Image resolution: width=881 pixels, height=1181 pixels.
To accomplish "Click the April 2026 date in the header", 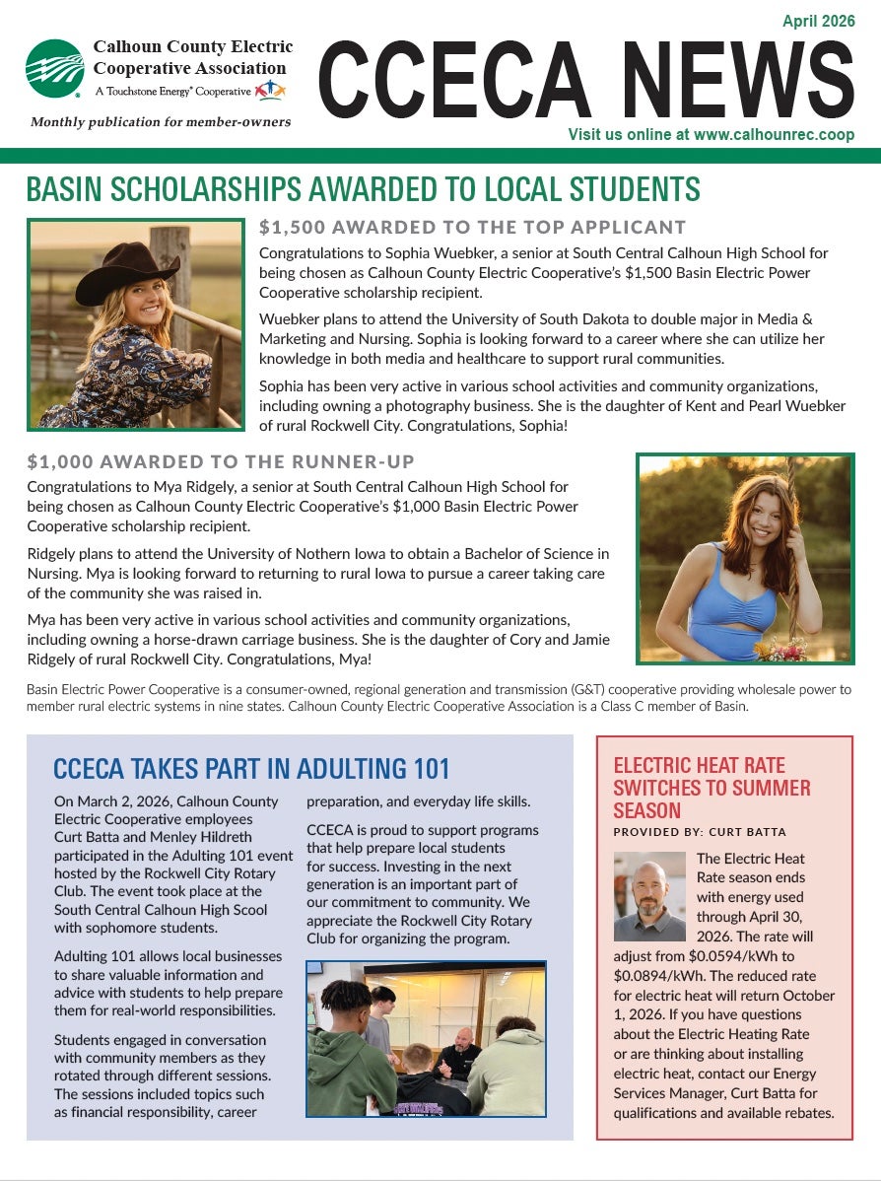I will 818,21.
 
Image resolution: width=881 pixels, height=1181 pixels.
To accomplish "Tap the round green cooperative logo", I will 55,69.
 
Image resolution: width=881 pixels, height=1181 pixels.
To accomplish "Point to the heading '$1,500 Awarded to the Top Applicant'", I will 472,228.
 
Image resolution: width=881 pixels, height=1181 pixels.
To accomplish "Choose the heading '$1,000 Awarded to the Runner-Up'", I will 221,461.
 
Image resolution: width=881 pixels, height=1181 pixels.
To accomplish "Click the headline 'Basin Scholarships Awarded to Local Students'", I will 363,189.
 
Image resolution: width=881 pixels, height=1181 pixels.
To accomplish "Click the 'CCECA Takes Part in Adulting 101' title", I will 251,768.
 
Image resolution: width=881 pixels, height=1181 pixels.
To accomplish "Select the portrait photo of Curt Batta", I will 648,896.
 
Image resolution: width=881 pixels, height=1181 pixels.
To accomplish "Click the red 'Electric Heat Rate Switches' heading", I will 712,787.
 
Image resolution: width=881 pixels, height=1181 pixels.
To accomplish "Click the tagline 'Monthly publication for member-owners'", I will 161,121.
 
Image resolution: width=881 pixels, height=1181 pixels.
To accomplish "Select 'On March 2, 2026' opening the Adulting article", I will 110,800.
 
